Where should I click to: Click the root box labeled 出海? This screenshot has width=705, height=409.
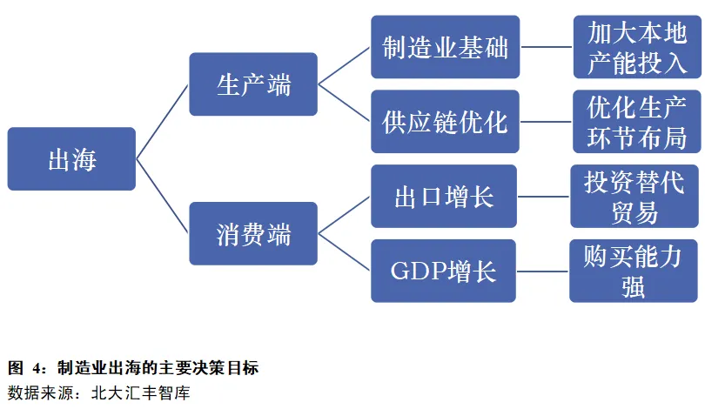click(x=71, y=159)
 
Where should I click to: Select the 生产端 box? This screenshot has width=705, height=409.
click(x=253, y=84)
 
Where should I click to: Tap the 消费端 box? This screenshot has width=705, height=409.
click(x=253, y=234)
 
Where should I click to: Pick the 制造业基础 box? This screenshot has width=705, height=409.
click(x=445, y=47)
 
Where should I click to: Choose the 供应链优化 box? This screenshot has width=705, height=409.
click(x=445, y=122)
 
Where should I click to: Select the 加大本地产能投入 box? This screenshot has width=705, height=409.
click(x=637, y=47)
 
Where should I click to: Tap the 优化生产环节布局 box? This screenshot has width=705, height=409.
click(x=637, y=122)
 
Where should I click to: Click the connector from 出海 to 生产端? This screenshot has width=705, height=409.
click(x=163, y=122)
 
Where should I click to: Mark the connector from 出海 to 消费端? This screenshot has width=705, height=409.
click(x=163, y=197)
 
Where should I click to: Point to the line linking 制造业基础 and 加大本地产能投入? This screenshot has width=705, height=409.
click(x=547, y=47)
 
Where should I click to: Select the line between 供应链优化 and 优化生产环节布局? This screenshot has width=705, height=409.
click(x=547, y=122)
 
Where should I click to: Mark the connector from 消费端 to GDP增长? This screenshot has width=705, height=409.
click(x=345, y=252)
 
